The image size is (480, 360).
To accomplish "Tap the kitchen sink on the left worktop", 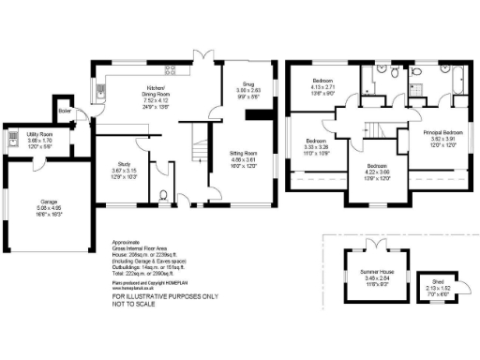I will pos(102,91).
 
